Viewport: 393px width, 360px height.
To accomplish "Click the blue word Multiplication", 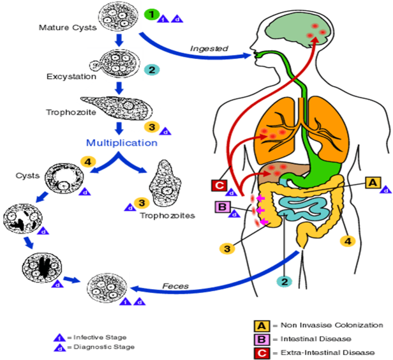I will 121,142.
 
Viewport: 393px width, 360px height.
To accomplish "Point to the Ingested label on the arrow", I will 209,49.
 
